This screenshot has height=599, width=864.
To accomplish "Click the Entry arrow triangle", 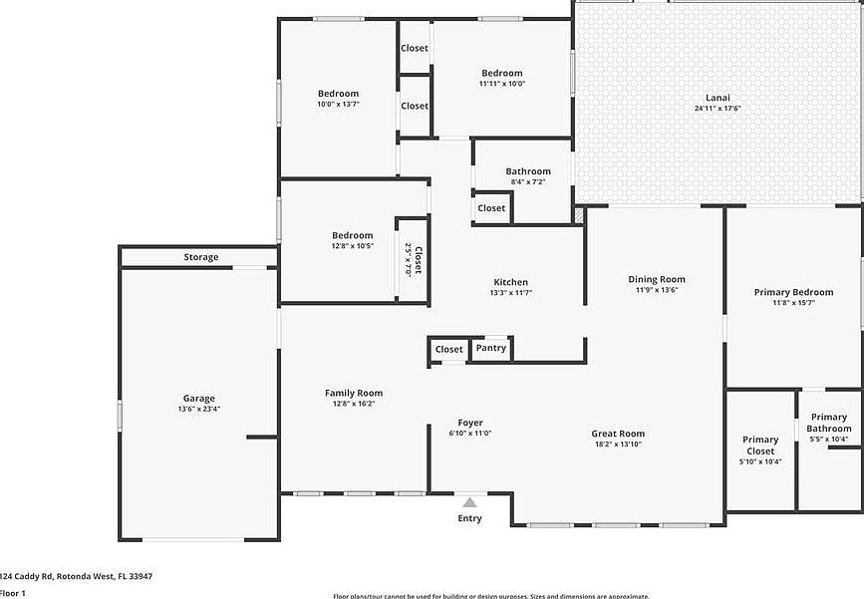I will tap(469, 502).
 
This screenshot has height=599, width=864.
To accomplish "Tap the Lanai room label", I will tap(718, 98).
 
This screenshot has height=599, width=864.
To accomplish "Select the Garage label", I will tap(198, 399).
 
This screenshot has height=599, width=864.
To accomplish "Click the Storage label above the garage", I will tap(200, 257).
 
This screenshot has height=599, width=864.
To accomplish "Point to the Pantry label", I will tap(490, 348).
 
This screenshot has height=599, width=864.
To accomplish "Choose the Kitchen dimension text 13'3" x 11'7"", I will tap(510, 293).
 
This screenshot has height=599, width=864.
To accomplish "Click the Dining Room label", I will tap(657, 279).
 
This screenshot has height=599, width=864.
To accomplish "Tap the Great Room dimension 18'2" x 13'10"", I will tap(618, 445).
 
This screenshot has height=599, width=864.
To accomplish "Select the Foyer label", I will tap(470, 423).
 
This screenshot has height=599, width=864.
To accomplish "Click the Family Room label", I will tap(354, 393).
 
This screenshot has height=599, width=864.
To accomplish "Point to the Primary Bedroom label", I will tap(793, 292).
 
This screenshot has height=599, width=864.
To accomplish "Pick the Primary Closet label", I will tap(760, 445).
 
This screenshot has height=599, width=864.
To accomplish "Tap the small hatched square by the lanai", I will tap(579, 214).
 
